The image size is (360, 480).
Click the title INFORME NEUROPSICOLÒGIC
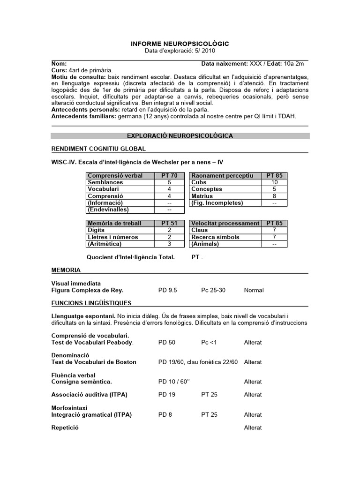[180, 43]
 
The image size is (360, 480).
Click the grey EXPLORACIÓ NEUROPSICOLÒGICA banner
[180, 136]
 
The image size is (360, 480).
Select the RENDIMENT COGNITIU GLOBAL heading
[98, 149]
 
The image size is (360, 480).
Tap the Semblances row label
[105, 182]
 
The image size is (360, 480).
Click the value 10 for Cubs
[275, 182]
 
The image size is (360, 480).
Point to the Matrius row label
[202, 196]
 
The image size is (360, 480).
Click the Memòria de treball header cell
[114, 224]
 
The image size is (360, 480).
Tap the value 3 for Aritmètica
[169, 244]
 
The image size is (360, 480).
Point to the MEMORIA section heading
[66, 270]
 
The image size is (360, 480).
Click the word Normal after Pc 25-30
[254, 290]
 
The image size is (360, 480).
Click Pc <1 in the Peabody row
[209, 342]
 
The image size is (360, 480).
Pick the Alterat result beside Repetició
[253, 427]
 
